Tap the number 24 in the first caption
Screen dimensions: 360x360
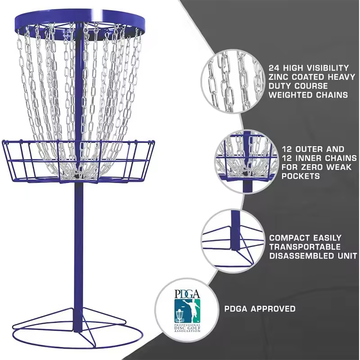274,67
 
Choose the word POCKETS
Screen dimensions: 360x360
301,176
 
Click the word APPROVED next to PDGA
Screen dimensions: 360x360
273,309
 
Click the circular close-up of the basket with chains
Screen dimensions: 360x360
245,157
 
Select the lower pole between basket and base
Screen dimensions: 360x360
79,247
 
